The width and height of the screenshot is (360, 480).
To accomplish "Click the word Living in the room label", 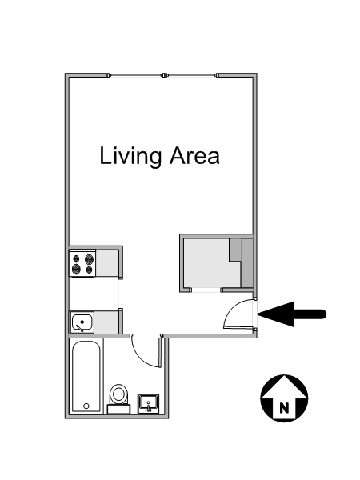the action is click(x=130, y=156).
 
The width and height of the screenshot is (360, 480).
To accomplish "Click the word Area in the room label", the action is click(x=194, y=155).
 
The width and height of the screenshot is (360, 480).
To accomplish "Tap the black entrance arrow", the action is click(x=292, y=314).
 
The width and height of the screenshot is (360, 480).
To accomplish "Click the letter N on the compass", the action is click(x=284, y=407).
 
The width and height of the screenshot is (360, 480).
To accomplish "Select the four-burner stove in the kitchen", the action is click(x=82, y=263).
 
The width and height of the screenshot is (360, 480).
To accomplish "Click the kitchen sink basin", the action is click(x=82, y=322).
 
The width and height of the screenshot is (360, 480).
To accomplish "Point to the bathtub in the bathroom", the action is click(x=86, y=376).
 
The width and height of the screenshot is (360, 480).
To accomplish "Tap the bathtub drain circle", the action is click(x=86, y=406).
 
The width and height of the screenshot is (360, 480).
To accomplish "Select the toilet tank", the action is click(x=118, y=409).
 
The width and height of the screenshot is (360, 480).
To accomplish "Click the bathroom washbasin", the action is click(x=149, y=403).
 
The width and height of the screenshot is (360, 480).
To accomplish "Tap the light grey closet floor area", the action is click(x=211, y=262).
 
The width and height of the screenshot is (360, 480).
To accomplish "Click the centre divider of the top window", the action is click(x=165, y=75).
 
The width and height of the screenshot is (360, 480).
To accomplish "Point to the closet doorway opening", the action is click(x=206, y=290).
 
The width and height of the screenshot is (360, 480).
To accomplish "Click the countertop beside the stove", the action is click(x=107, y=262).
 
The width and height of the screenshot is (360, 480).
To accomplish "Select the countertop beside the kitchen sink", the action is click(x=106, y=322).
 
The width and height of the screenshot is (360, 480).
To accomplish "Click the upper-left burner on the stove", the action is click(x=76, y=259).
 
